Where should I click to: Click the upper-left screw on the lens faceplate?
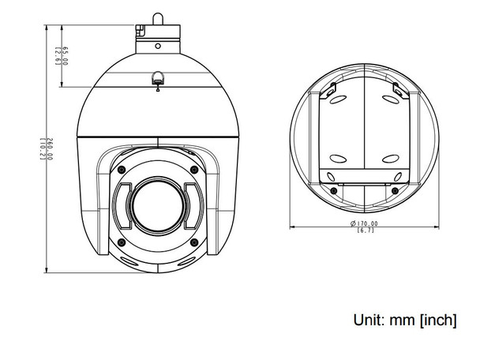click(120, 169)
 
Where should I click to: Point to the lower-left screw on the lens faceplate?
click(120, 242)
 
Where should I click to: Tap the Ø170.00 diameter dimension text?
click(364, 223)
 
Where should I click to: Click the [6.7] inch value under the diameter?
click(365, 231)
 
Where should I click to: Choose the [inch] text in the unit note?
click(437, 320)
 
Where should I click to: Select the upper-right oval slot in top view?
click(392, 101)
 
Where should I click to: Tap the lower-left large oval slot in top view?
click(338, 156)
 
